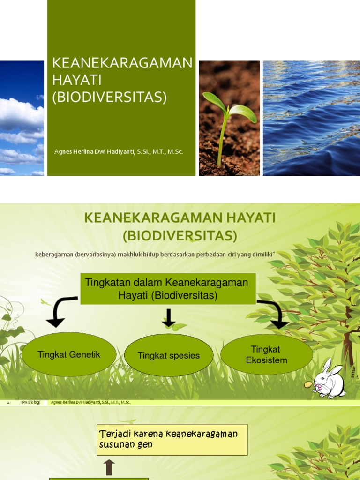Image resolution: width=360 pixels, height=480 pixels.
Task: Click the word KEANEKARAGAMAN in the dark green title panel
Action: (122, 63)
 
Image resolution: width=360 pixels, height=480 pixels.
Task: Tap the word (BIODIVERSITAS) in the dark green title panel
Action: (110, 97)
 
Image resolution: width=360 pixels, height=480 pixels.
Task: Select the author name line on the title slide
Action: (119, 151)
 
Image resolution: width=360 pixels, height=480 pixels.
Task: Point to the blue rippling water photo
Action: (311, 118)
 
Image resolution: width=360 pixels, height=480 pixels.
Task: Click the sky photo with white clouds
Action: (22, 118)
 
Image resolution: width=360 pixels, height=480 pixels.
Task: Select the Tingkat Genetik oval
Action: (68, 354)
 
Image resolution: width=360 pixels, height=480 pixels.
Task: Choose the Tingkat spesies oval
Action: (169, 355)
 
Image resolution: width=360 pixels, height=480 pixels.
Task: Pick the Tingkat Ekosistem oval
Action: (266, 355)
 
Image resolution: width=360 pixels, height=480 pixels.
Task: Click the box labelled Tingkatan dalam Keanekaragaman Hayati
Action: (168, 289)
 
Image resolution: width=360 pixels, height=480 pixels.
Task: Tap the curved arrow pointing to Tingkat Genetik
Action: (60, 312)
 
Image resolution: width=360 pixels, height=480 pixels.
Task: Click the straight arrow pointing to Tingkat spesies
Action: (169, 317)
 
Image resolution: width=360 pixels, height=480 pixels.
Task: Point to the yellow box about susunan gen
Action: (172, 440)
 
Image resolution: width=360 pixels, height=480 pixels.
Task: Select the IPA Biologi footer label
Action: (31, 402)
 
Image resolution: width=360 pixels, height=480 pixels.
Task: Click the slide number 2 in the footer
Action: (8, 402)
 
